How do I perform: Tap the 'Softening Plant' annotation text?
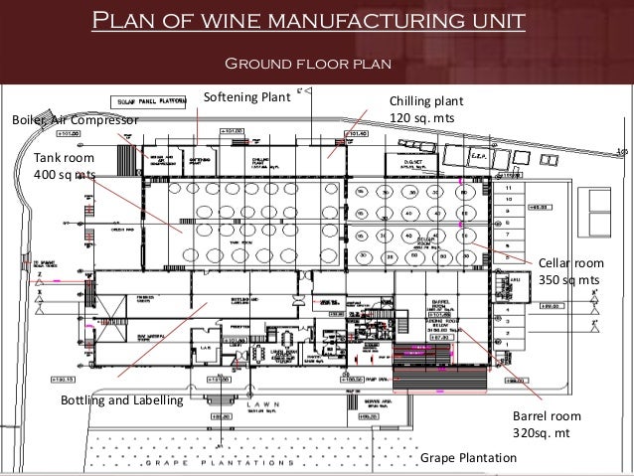[245, 97]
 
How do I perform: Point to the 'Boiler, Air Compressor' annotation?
[74, 120]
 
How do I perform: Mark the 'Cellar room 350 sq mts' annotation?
[570, 271]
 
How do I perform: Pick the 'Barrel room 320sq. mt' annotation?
[546, 425]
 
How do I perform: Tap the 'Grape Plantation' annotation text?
[469, 457]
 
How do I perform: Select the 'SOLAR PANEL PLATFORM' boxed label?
[150, 102]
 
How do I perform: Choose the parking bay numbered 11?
[510, 187]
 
